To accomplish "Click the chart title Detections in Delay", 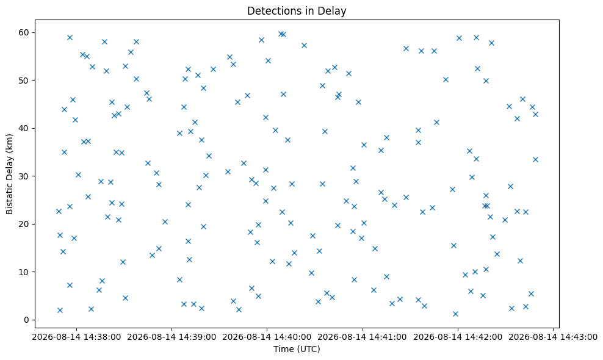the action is (297, 11).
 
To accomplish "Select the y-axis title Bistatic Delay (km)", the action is (9, 174).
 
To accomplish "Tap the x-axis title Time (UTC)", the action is (297, 349).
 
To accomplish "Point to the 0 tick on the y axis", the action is (26, 320).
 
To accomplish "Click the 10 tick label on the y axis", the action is (24, 272).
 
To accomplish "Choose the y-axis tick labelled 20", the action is (24, 224).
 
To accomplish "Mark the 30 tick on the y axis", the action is (24, 176).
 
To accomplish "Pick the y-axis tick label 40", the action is (24, 129).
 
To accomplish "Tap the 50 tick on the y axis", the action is (24, 81).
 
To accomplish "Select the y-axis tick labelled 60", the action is (24, 32).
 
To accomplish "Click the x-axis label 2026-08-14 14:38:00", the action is (76, 337).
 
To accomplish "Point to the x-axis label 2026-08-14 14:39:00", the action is (172, 337).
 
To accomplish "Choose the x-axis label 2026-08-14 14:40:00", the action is (267, 337).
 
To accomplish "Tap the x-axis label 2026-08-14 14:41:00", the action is (363, 337).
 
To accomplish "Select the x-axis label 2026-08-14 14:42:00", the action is (458, 337).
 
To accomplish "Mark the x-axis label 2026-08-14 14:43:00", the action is (553, 337).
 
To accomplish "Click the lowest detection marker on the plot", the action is (455, 314).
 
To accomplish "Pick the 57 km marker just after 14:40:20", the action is (304, 45).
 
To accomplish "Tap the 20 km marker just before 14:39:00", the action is (165, 221).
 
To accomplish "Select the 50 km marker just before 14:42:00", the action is (446, 79).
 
